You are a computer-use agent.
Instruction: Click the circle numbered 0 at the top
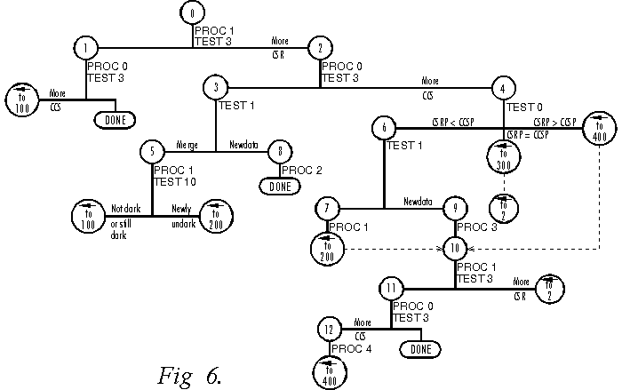(x=192, y=13)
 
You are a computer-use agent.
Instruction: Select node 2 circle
(x=319, y=49)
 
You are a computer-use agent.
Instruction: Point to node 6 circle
(x=384, y=128)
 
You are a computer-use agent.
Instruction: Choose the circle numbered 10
(x=454, y=248)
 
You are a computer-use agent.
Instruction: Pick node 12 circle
(x=330, y=329)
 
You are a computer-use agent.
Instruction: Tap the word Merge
(x=187, y=142)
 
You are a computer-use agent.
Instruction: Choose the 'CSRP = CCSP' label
(x=528, y=134)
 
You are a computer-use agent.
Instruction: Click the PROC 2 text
(x=299, y=170)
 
